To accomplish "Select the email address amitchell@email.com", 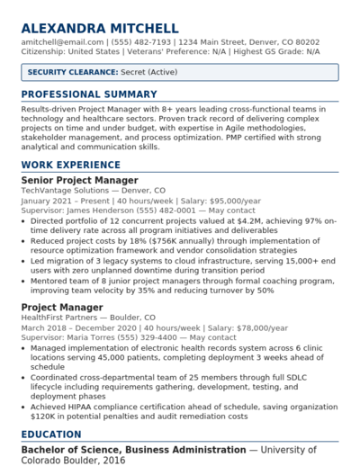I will pos(62,42).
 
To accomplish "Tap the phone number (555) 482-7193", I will pos(141,42).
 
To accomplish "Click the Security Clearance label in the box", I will pos(72,72).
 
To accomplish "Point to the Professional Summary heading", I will pos(89,94).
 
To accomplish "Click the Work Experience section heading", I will pos(70,166).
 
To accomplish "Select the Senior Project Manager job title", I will pos(79,181).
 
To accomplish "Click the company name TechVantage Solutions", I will pos(65,191).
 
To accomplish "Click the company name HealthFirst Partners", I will pos(65,318).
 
